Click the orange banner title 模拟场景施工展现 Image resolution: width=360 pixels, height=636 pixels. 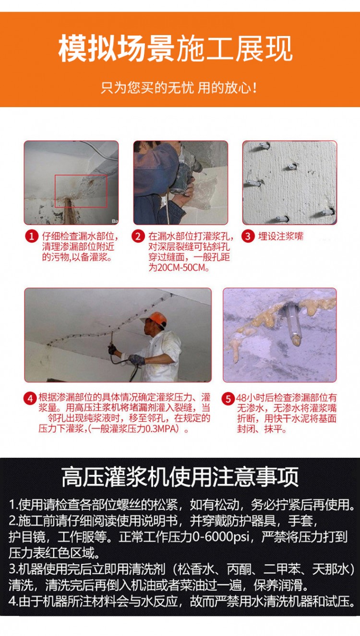[x=175, y=49]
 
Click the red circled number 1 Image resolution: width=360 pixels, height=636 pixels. [x=32, y=236]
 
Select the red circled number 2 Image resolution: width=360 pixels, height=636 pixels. [x=138, y=236]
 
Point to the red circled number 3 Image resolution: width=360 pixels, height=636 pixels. [x=248, y=236]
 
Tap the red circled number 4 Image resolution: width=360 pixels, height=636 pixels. [x=30, y=399]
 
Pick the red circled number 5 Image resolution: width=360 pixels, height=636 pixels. [x=228, y=399]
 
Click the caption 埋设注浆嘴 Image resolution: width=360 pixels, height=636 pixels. [x=281, y=236]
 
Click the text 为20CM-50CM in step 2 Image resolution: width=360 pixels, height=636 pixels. [x=178, y=268]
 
